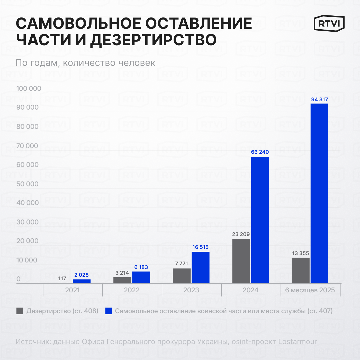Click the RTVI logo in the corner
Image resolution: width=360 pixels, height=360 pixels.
pyautogui.click(x=329, y=23)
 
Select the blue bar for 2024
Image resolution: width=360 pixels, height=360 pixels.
pyautogui.click(x=260, y=220)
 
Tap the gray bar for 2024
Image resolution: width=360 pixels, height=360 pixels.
pyautogui.click(x=241, y=261)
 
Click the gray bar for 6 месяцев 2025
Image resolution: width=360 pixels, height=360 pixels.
pyautogui.click(x=301, y=271)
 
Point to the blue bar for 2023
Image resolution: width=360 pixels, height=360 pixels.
pyautogui.click(x=201, y=267)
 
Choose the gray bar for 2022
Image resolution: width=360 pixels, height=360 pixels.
pyautogui.click(x=122, y=280)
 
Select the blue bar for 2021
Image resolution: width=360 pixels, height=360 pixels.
pyautogui.click(x=82, y=281)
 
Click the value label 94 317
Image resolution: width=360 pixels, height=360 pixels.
pyautogui.click(x=319, y=100)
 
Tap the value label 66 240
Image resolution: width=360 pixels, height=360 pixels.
pyautogui.click(x=260, y=152)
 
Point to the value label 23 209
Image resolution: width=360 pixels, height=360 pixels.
pyautogui.click(x=241, y=234)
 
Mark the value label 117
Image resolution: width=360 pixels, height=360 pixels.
pyautogui.click(x=62, y=278)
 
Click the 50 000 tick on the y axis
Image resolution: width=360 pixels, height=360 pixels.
pyautogui.click(x=27, y=184)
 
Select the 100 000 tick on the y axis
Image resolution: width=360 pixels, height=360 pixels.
pyautogui.click(x=29, y=88)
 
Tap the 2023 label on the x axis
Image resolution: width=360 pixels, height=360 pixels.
pyautogui.click(x=191, y=290)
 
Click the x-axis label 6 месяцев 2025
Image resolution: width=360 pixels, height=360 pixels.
pyautogui.click(x=310, y=290)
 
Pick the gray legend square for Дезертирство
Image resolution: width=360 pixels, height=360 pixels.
pyautogui.click(x=20, y=311)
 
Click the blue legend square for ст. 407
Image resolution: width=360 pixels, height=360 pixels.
pyautogui.click(x=109, y=311)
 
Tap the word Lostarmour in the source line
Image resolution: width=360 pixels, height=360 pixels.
pyautogui.click(x=298, y=341)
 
